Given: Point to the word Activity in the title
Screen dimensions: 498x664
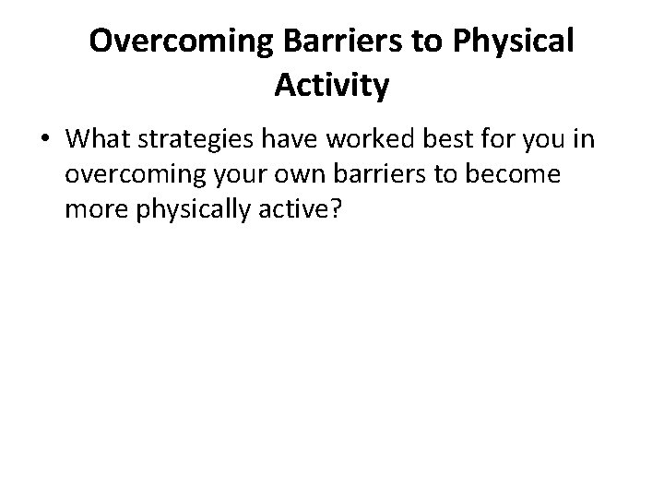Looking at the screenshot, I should [x=332, y=87].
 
